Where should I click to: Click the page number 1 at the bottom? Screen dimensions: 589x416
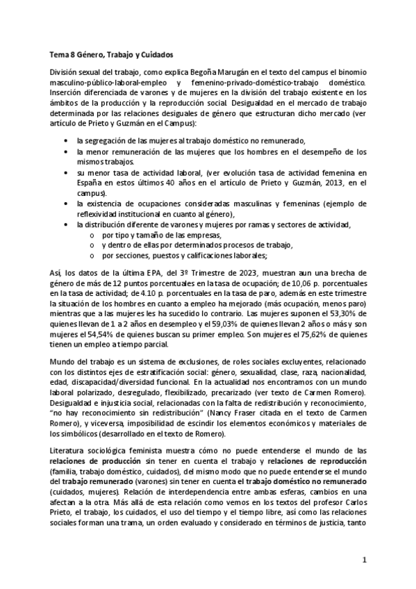coord(364,559)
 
